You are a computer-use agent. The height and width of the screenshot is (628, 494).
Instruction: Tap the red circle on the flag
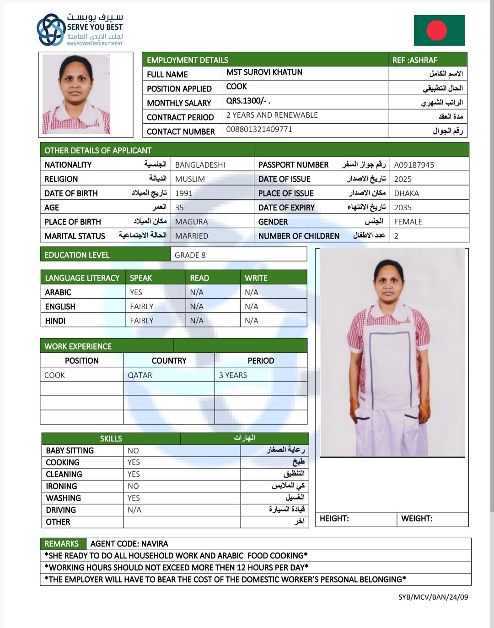click(x=436, y=30)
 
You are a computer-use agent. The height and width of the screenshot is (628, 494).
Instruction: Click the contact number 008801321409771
click(x=259, y=129)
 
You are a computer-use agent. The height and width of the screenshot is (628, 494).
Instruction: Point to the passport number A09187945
click(x=414, y=165)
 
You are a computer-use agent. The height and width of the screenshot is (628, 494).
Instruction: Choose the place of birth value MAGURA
click(x=191, y=222)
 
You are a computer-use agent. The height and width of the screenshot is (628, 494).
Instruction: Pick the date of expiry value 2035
click(x=403, y=208)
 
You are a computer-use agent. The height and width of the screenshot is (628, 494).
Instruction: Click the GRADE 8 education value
click(x=190, y=255)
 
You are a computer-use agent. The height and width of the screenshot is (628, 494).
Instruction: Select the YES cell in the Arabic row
click(x=136, y=292)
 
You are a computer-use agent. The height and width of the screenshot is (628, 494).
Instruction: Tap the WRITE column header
click(x=256, y=278)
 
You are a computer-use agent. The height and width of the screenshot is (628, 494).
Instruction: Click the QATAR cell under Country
click(x=140, y=375)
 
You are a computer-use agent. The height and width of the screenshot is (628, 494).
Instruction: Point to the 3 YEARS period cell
click(x=233, y=375)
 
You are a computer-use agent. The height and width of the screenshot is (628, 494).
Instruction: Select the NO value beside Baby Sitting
click(x=133, y=451)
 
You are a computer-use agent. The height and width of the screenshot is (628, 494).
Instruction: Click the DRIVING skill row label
click(x=61, y=510)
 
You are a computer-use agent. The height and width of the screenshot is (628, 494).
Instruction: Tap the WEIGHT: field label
click(x=417, y=519)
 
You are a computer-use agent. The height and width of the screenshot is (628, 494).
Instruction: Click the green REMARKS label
click(x=61, y=544)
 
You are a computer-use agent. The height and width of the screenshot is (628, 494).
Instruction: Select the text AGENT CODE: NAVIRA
click(x=129, y=544)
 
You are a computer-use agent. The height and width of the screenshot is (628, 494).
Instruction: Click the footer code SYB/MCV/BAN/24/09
click(x=433, y=597)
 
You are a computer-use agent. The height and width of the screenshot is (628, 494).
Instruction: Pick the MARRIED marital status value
click(x=191, y=236)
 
